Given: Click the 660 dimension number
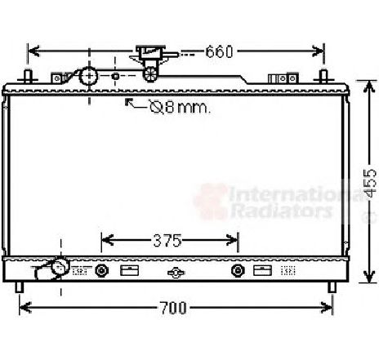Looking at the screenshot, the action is pos(219,51).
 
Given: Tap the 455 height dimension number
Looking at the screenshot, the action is pos(371,183).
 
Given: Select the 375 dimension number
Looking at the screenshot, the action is pos(167,241).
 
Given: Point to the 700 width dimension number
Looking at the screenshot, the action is pos(173,308).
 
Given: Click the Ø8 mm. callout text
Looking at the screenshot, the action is pos(180,107).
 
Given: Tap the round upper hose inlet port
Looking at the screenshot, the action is pos(88,76).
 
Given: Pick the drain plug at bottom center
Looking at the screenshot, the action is pos(176,273).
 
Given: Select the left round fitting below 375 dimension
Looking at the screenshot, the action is pos(101,271).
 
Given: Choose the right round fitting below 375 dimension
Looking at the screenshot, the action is pos(238,271).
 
